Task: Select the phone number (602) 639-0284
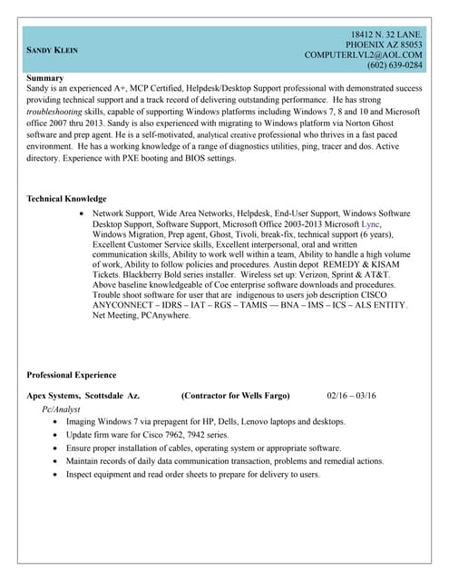(x=395, y=65)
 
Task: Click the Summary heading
(x=45, y=79)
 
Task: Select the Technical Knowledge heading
(x=66, y=199)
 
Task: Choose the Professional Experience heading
(x=72, y=375)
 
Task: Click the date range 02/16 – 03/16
(x=351, y=396)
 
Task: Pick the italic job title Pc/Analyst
(x=63, y=410)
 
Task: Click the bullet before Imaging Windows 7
(x=59, y=422)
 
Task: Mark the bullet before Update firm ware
(x=59, y=436)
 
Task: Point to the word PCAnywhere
(x=163, y=317)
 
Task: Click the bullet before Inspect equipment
(x=59, y=475)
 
